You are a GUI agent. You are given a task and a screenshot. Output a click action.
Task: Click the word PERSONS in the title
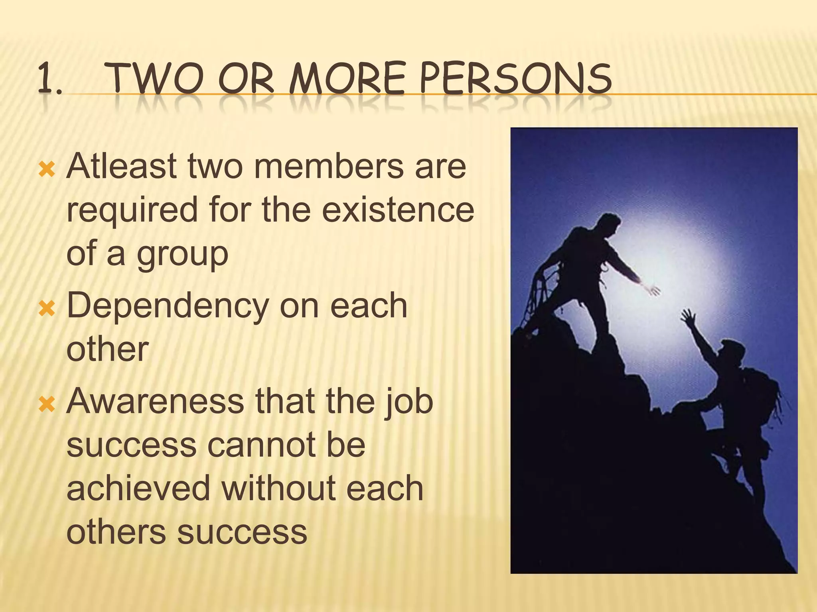pos(515,78)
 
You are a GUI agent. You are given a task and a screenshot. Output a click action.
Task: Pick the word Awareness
pos(155,401)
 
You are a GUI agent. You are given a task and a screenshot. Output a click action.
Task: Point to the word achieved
pos(138,489)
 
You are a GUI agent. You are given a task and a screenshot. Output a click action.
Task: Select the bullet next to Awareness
pos(46,404)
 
